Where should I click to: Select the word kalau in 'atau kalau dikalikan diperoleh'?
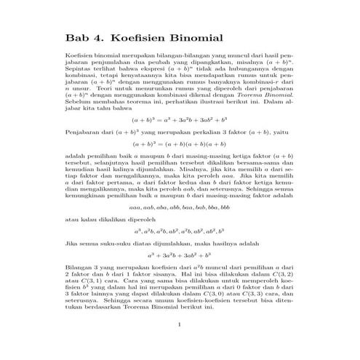[91, 217]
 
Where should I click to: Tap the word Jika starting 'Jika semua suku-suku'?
[71, 244]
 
